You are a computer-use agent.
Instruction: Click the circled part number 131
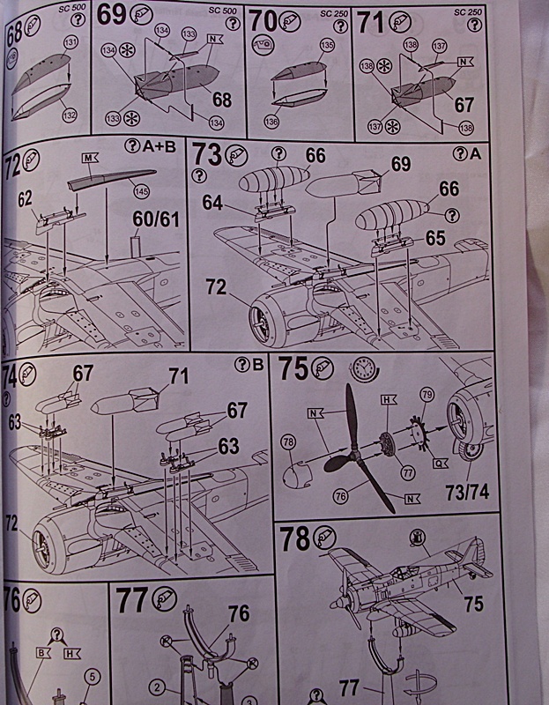point(70,41)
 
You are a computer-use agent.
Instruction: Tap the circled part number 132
point(70,115)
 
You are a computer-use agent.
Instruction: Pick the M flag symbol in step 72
point(89,158)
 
